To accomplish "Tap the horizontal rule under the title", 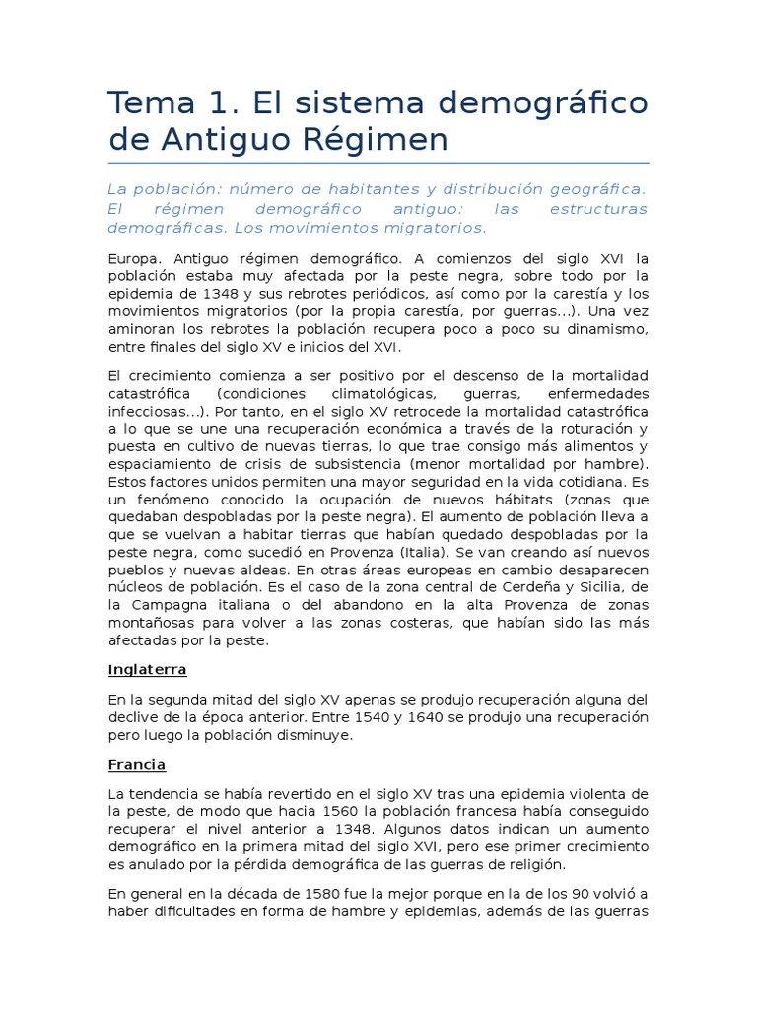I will click(378, 163).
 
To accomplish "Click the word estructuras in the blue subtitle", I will click(599, 208).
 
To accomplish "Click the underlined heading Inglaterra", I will click(148, 670).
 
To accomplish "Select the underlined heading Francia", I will click(137, 765).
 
